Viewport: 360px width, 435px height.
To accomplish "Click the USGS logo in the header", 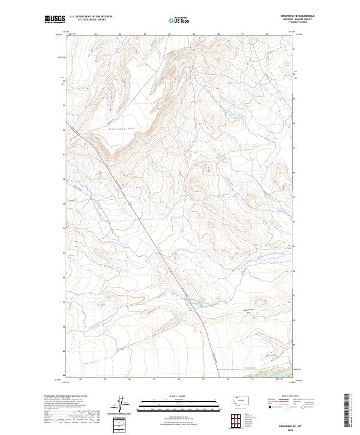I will [55, 20].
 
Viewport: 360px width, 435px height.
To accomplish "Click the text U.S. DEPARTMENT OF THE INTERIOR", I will [91, 17].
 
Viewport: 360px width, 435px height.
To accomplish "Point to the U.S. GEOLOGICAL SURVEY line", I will [91, 20].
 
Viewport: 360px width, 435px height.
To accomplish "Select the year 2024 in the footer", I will [302, 425].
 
